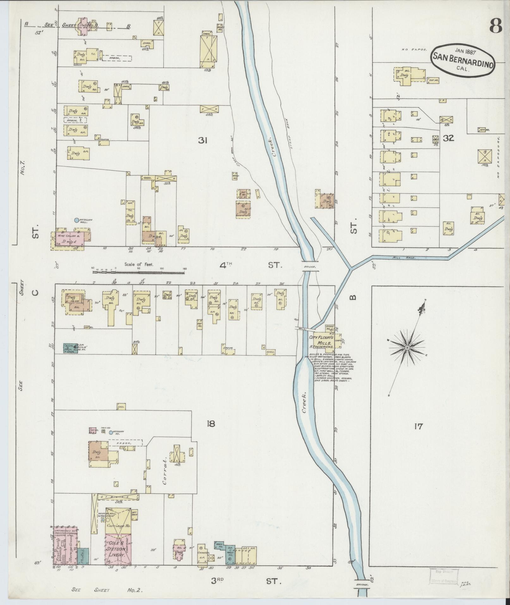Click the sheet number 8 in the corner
click(495, 26)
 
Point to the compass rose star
click(407, 348)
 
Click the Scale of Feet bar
click(139, 269)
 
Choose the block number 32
click(448, 138)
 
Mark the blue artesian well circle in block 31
click(76, 220)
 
